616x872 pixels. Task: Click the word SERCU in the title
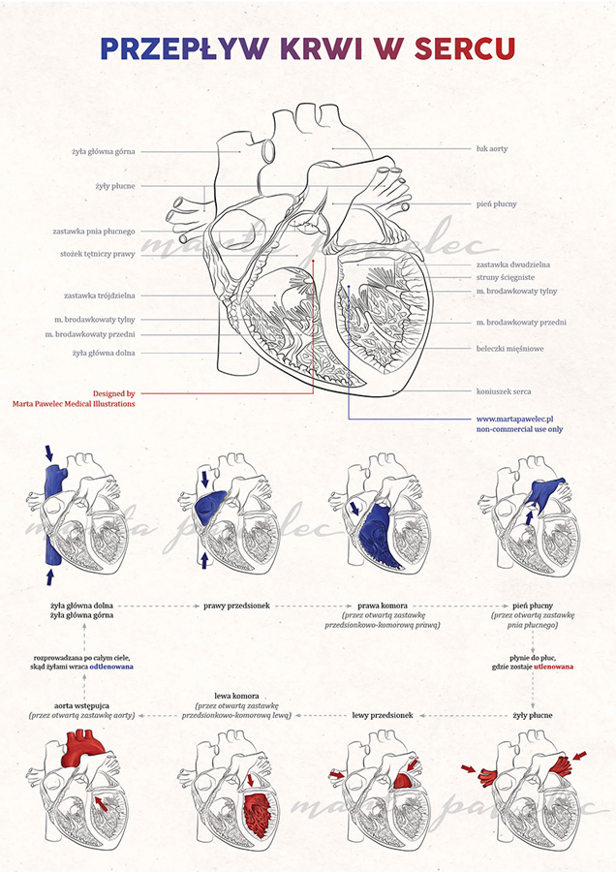point(464,49)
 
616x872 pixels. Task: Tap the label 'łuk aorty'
point(492,149)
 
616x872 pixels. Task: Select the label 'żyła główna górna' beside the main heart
point(104,151)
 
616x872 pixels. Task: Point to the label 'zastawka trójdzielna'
point(100,296)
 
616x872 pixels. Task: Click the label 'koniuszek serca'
point(504,391)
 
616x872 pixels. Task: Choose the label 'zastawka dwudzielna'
point(513,265)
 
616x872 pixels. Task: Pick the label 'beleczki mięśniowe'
point(509,349)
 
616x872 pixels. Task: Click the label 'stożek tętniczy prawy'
point(98,254)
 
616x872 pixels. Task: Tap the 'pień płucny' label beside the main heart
point(497,204)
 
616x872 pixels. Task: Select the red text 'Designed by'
point(114,393)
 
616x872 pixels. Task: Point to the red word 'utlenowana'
point(554,667)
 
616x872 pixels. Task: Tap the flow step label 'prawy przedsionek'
point(236,606)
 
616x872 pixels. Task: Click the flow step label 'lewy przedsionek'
point(383,715)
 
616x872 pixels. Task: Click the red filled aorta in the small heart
point(82,748)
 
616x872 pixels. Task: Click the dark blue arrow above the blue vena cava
point(49,452)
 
